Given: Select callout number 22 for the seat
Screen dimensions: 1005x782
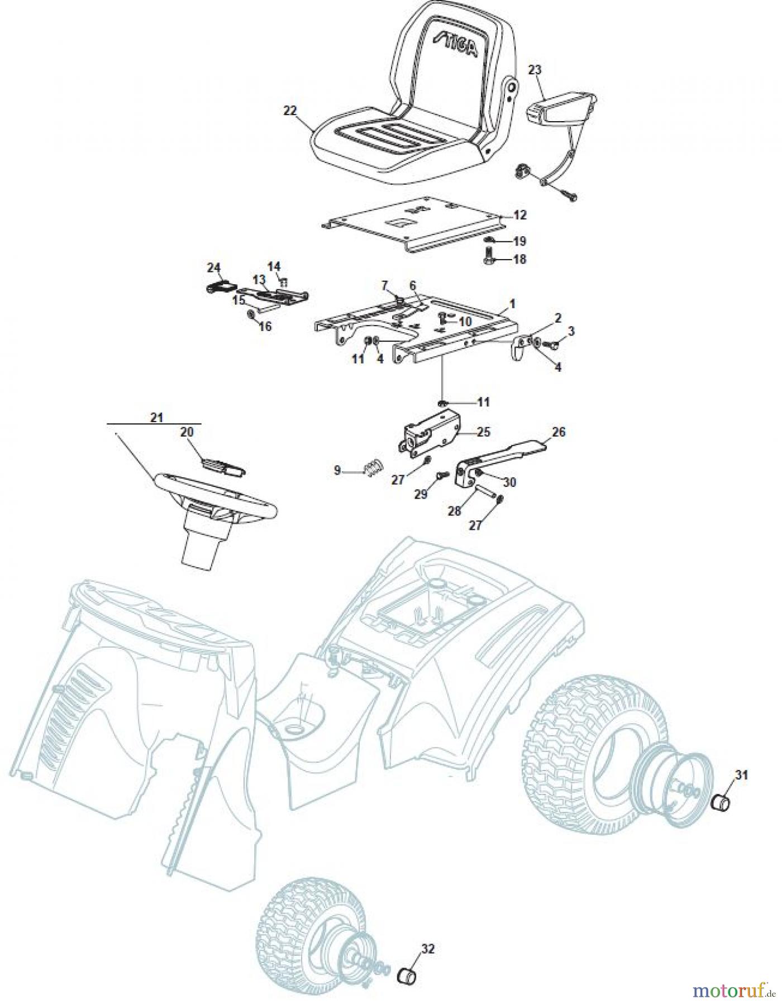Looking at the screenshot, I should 290,111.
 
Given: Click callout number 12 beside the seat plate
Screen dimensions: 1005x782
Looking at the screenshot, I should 520,215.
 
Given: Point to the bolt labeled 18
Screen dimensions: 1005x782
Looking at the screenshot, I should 487,259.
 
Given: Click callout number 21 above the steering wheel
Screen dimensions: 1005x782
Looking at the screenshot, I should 156,417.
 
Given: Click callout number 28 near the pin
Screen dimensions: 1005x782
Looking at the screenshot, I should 455,510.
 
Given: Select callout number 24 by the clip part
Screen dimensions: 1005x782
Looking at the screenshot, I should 214,267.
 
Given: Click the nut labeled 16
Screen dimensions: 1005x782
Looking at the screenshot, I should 251,315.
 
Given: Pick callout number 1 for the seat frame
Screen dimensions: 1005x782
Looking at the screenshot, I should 512,304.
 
